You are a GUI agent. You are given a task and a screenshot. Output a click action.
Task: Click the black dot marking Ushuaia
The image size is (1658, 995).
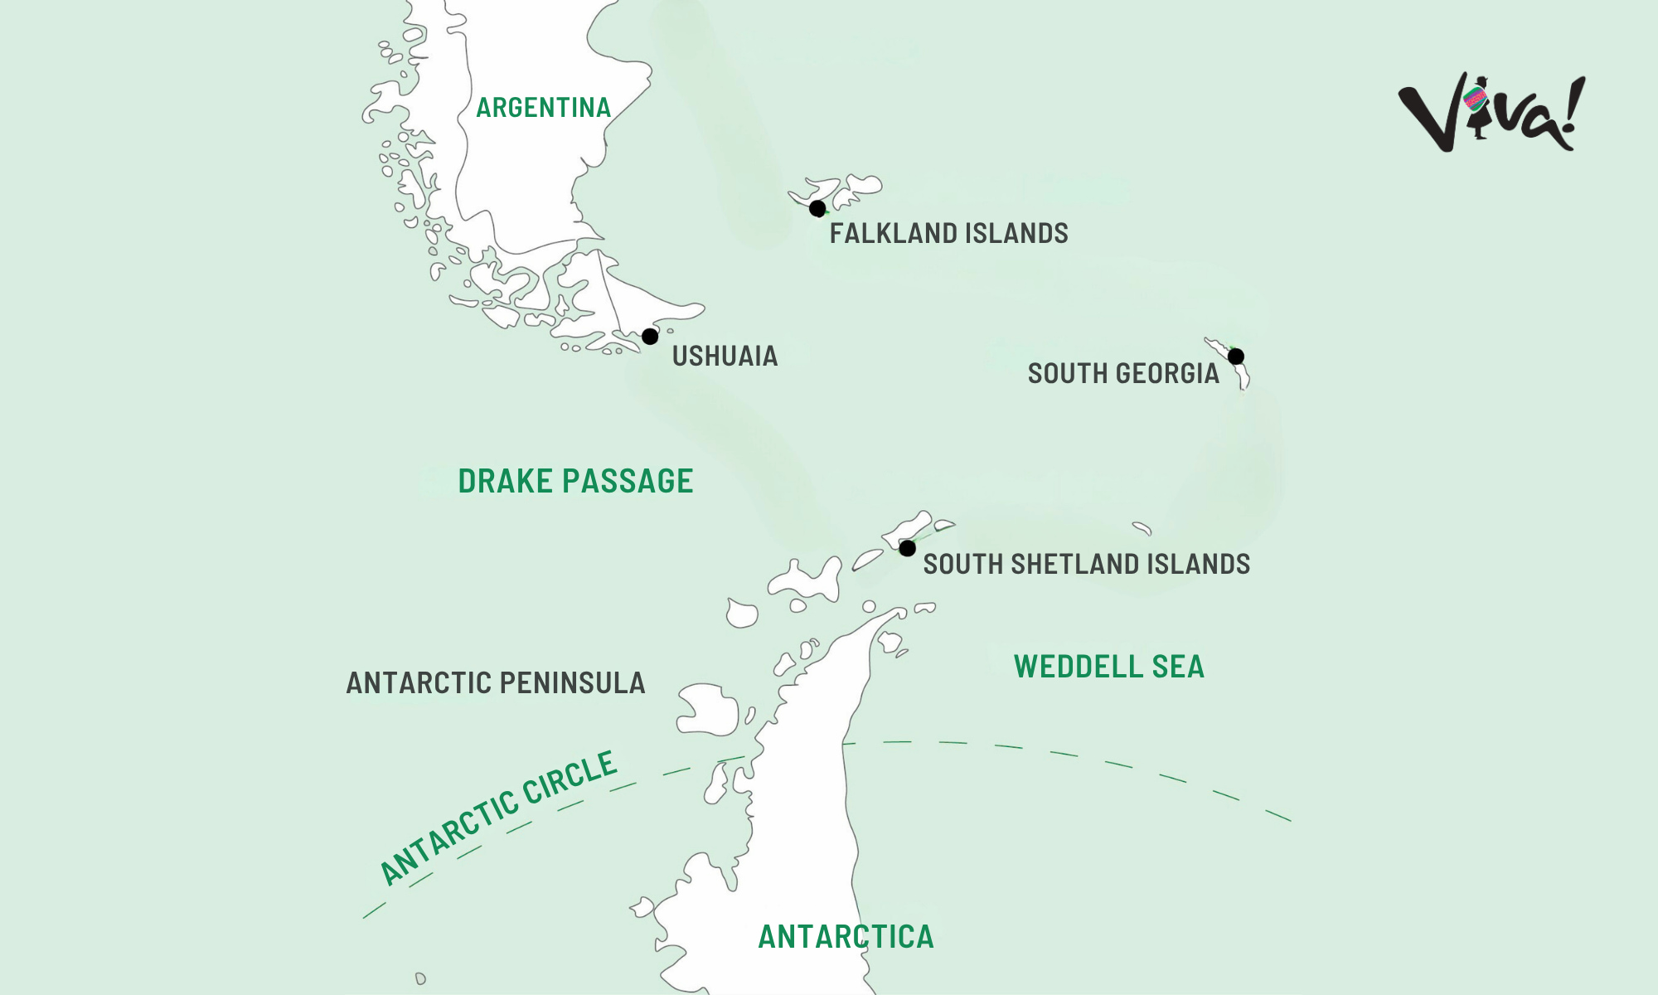click(x=650, y=337)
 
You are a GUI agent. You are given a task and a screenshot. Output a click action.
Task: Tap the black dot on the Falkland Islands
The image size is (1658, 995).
click(x=817, y=208)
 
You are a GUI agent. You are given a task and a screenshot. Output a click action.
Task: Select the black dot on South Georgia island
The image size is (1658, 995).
click(x=1235, y=357)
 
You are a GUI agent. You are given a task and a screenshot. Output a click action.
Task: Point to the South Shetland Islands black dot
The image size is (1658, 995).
click(x=907, y=548)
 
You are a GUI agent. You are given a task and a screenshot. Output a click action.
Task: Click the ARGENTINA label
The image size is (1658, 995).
click(x=543, y=108)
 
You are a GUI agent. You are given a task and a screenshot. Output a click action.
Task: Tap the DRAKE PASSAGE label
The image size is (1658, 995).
click(x=575, y=481)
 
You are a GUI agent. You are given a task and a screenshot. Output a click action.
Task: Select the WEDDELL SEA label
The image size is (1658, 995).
click(x=1108, y=667)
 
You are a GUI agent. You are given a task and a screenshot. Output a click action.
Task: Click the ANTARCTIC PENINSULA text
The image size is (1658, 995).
click(x=495, y=683)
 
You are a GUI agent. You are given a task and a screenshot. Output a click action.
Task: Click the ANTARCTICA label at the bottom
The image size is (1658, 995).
click(x=846, y=937)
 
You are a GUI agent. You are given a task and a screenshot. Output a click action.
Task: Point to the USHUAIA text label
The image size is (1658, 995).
click(x=725, y=357)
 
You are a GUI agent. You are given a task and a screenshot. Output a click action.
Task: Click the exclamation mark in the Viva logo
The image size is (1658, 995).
click(x=1572, y=112)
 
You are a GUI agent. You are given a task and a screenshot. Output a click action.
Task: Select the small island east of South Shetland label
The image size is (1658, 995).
click(x=1142, y=527)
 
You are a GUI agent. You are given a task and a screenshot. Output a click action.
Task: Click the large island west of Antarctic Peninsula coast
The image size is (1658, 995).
click(x=707, y=710)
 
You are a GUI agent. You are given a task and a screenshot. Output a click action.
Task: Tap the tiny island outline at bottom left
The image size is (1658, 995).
click(x=420, y=978)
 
